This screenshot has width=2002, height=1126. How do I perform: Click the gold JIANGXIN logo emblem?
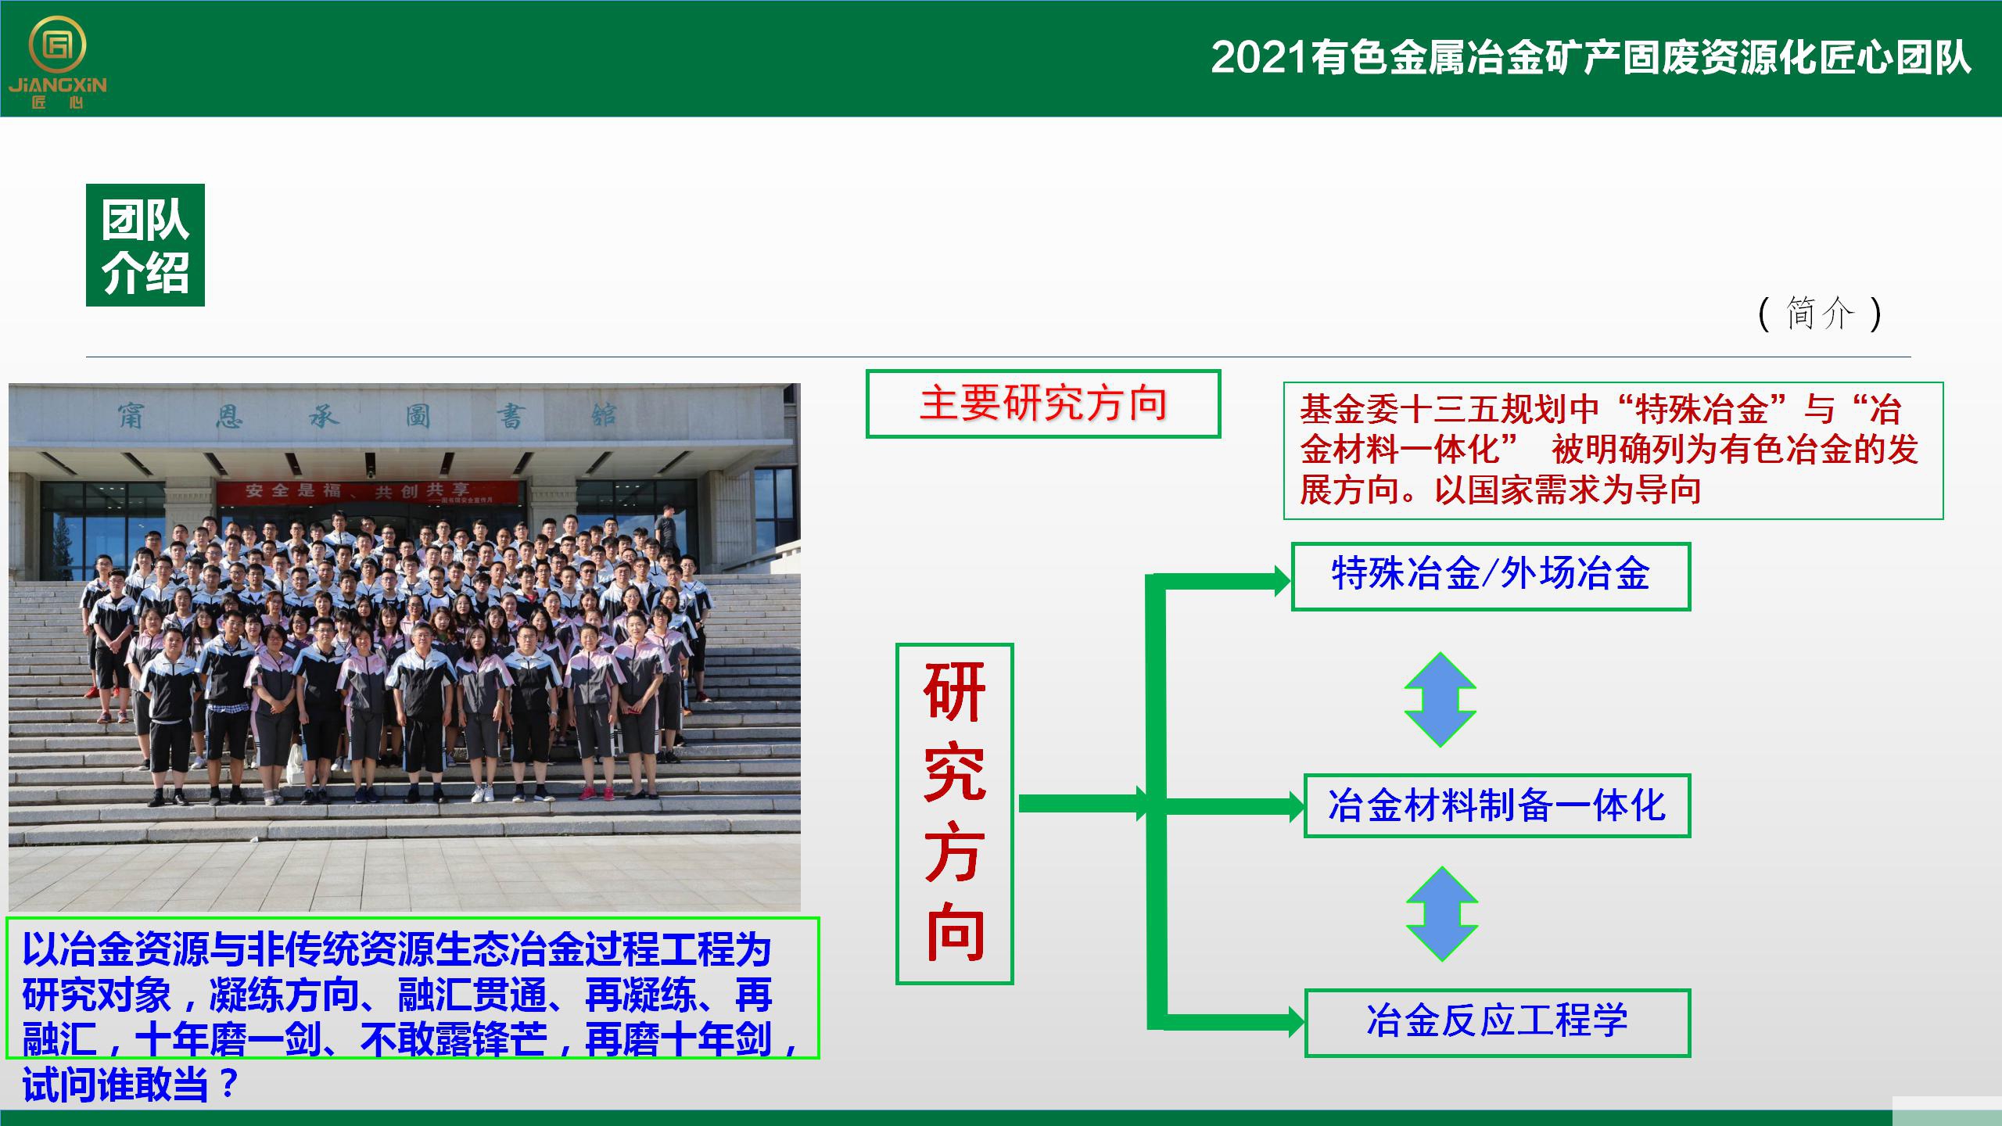(57, 47)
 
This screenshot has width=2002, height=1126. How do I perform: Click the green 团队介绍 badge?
(145, 245)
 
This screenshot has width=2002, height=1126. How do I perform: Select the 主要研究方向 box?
(1043, 403)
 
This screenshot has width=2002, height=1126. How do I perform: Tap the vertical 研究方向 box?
(954, 813)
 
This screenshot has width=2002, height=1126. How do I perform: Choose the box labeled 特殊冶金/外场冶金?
(1491, 576)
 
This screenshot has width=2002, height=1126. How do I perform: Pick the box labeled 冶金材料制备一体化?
(1497, 805)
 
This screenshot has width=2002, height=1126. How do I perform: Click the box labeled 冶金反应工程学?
(1497, 1023)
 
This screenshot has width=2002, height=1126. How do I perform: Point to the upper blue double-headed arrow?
(1441, 700)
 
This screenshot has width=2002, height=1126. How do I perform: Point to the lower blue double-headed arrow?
(1442, 914)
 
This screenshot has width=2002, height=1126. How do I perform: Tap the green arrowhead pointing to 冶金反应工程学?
(1295, 1021)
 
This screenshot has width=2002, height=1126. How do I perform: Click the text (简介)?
(1819, 314)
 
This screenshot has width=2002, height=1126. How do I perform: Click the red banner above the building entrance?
(368, 492)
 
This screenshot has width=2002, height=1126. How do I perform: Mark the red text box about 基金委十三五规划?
(1613, 450)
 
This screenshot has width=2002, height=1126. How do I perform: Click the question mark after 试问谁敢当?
(228, 1085)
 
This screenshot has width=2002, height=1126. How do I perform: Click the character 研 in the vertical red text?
(954, 692)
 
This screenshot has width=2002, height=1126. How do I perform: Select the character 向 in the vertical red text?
(955, 931)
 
